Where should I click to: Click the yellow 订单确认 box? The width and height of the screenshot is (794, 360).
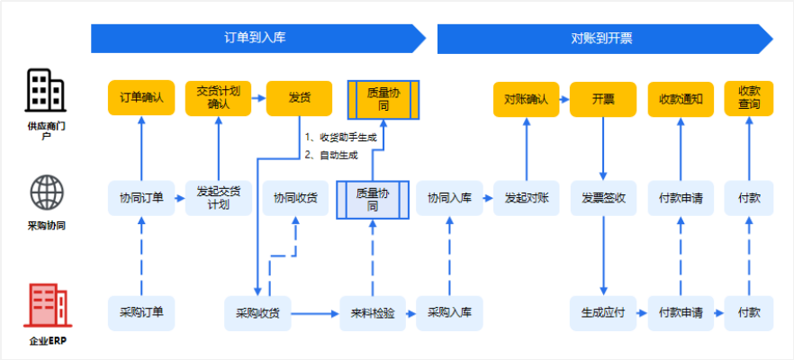click(140, 97)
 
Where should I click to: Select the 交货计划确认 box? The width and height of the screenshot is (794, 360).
click(218, 97)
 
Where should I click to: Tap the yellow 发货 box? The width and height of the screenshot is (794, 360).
click(299, 97)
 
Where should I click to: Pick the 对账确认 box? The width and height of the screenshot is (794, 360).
click(526, 98)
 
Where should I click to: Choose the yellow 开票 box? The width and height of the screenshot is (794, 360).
click(603, 98)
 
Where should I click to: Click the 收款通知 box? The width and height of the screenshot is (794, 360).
click(681, 98)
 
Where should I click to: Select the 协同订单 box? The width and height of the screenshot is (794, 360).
click(140, 198)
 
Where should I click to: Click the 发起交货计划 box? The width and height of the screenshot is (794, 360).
click(218, 198)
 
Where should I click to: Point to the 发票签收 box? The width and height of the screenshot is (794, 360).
click(603, 198)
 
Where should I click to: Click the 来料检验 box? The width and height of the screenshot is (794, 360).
click(371, 313)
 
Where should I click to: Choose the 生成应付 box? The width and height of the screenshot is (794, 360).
click(603, 313)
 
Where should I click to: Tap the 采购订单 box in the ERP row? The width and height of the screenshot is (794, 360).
click(140, 313)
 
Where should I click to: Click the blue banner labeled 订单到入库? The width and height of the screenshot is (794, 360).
click(256, 38)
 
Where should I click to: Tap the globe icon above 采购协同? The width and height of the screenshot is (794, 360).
click(46, 193)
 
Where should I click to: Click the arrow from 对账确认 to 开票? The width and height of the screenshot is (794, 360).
click(564, 98)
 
